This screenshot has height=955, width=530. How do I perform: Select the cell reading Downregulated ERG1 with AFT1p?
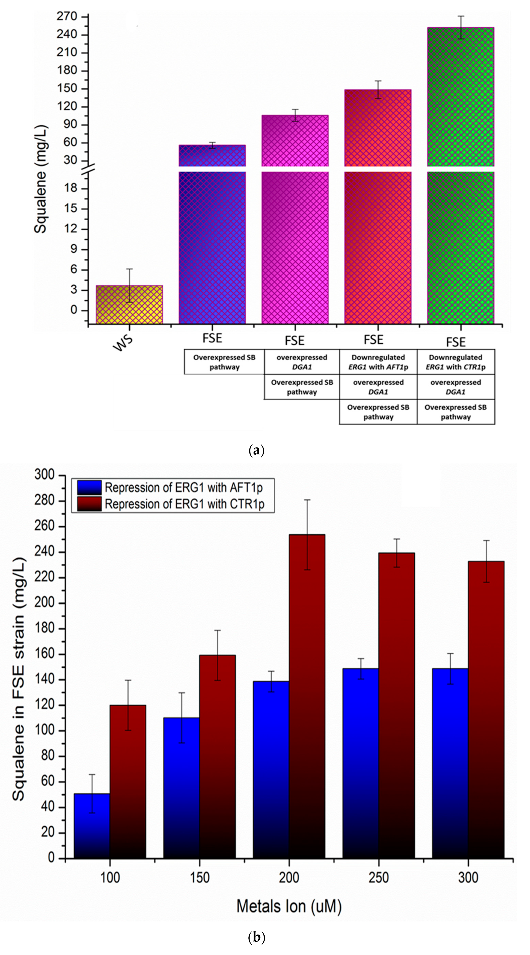[378, 362]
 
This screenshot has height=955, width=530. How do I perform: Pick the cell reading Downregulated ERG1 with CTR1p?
[455, 362]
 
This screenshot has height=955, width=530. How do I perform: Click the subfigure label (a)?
[256, 450]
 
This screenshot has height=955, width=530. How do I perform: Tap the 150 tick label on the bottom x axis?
[199, 878]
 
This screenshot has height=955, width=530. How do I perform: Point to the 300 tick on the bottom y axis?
[44, 475]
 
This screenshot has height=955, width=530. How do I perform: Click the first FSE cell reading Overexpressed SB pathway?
[224, 362]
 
